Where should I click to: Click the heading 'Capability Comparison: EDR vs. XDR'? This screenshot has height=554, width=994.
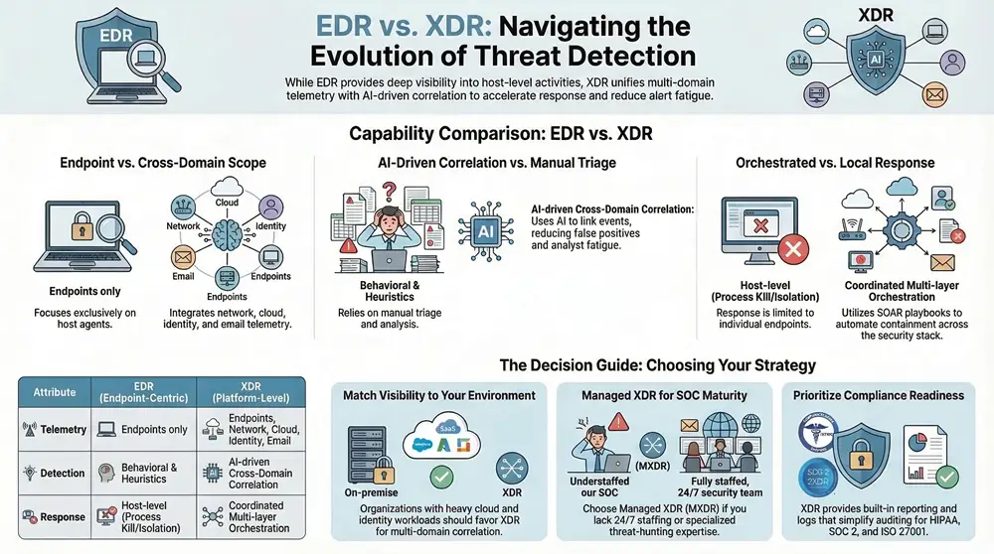(x=496, y=133)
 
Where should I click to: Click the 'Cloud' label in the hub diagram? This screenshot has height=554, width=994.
(x=228, y=202)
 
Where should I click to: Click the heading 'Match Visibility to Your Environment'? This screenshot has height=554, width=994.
(x=439, y=395)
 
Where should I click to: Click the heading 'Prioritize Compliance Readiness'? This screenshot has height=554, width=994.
(x=879, y=395)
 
